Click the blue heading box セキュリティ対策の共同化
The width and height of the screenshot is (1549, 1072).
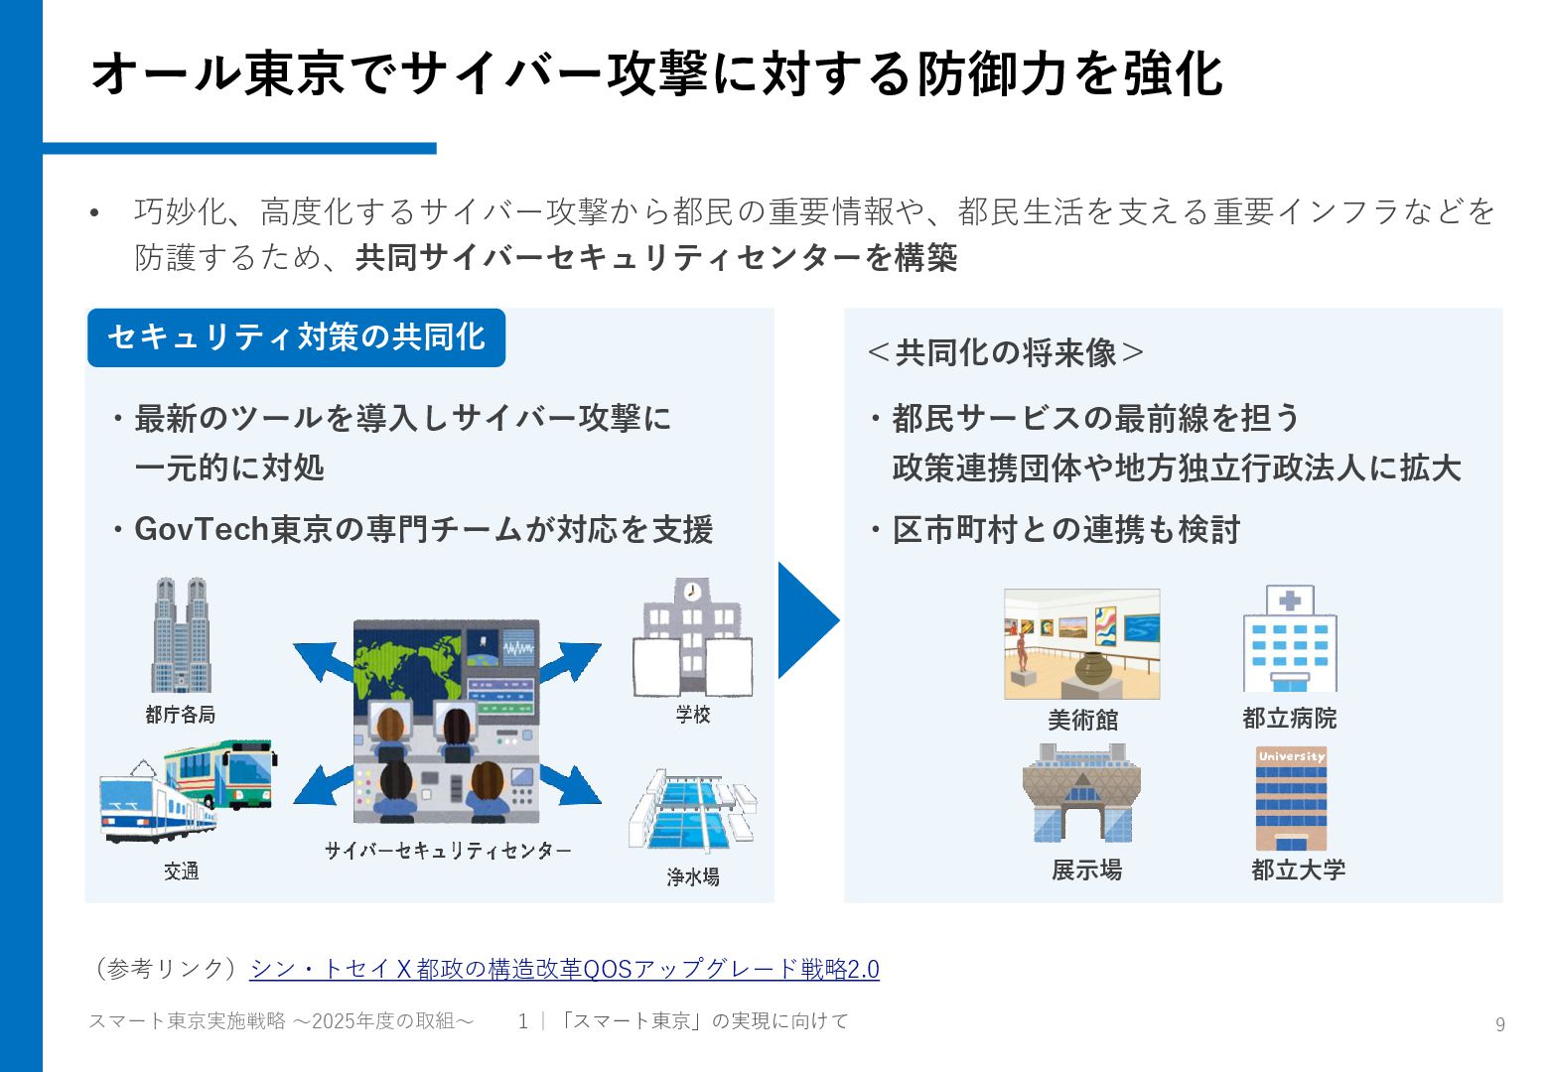[296, 337]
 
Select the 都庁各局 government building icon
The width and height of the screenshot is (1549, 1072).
[180, 635]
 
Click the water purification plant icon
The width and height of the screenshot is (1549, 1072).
[691, 811]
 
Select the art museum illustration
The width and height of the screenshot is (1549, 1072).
[1081, 644]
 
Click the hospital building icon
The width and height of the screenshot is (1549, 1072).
[1290, 639]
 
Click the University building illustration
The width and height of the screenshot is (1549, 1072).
[1291, 798]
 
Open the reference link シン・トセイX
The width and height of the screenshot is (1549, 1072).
[564, 969]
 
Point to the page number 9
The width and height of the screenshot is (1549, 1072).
[1499, 1024]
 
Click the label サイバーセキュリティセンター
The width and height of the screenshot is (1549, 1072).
[448, 851]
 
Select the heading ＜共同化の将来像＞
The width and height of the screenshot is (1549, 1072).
[1005, 352]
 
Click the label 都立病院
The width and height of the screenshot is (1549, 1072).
[1289, 719]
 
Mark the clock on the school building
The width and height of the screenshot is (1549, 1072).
[692, 593]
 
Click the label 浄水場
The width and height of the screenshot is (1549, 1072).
[693, 876]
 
